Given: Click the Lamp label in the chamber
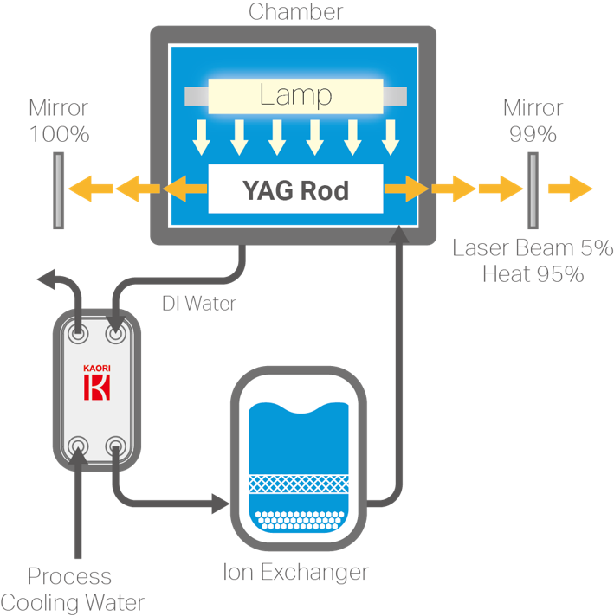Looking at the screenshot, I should [295, 94].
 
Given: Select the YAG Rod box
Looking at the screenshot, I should [295, 189].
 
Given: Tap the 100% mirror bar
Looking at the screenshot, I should [58, 190].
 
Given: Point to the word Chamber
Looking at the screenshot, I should [295, 12].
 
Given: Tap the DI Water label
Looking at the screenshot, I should [199, 304].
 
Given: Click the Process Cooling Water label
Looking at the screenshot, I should [71, 589].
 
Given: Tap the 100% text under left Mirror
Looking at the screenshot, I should [59, 134].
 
